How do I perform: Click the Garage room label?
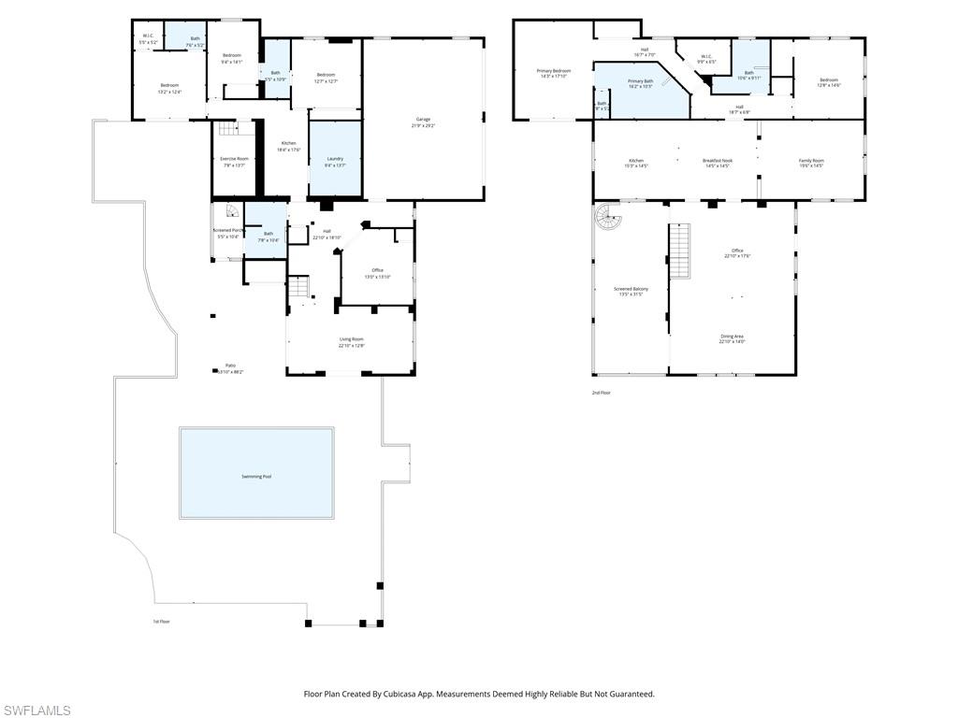(423, 119)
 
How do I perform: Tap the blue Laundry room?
(334, 160)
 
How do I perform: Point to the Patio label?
(229, 366)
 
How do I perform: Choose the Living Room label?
(351, 339)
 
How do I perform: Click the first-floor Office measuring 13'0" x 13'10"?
(377, 271)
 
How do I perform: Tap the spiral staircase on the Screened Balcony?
(608, 220)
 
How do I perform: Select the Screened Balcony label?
(631, 289)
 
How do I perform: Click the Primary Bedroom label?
(553, 71)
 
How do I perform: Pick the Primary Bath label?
(640, 81)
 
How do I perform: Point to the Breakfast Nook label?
(718, 161)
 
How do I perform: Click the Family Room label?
(810, 161)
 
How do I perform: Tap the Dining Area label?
(732, 337)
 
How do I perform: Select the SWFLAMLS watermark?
(36, 711)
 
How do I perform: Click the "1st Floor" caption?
(162, 621)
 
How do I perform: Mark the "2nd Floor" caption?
(601, 393)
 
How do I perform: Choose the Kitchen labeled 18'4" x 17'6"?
(288, 143)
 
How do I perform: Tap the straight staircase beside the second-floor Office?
(680, 251)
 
